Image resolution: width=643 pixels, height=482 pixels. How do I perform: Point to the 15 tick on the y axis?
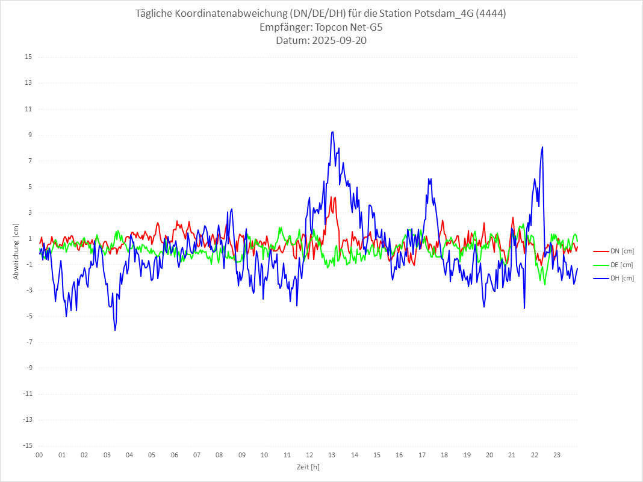point(28,57)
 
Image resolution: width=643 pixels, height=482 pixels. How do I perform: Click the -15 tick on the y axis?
point(27,445)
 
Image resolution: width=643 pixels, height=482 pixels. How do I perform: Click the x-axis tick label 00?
point(39,456)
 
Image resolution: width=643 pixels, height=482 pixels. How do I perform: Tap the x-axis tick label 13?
point(332,456)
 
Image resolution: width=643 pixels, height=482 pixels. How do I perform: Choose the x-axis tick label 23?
point(557,456)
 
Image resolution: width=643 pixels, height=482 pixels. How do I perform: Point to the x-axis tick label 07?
point(197,456)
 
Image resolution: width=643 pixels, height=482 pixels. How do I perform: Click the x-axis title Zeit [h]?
point(308,467)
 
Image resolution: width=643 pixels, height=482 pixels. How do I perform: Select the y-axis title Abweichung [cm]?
point(16,252)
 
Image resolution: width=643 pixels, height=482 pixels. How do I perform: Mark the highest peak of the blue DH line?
point(332,132)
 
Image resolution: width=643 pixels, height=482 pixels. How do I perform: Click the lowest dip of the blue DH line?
point(114,330)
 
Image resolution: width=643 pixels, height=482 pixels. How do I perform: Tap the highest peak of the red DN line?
point(334,197)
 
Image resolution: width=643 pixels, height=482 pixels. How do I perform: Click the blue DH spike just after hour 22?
point(542,147)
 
